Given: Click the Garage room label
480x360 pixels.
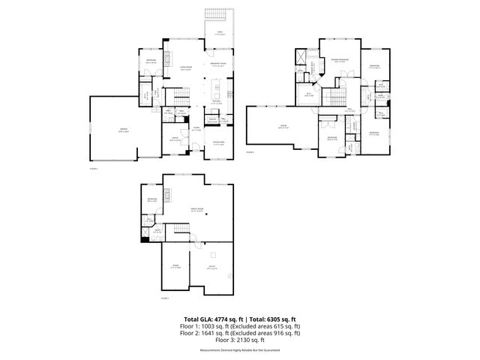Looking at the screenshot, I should tap(122, 131).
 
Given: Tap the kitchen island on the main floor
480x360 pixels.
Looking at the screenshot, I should tap(218, 93).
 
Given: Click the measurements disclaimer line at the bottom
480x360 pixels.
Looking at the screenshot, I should tap(239, 351).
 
